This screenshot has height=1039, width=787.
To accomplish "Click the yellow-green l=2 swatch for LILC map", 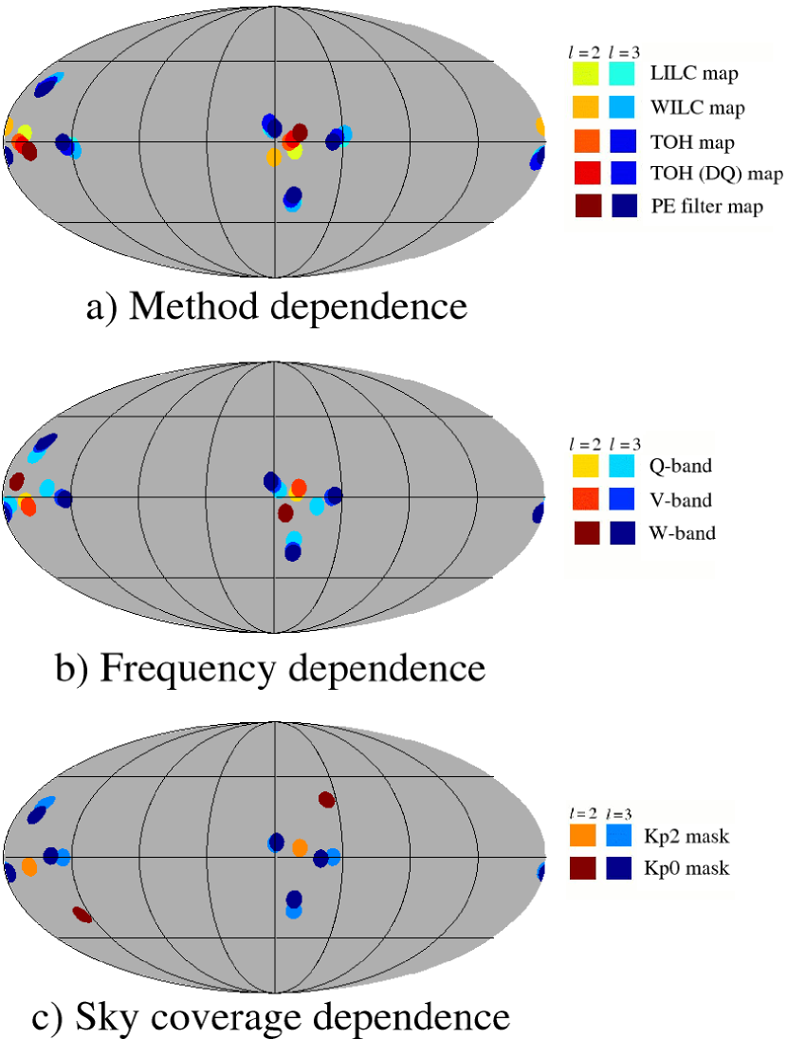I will coord(587,73).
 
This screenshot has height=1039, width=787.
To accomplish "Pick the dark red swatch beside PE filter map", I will coord(587,205).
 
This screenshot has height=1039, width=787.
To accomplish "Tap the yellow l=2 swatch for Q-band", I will coord(585,466).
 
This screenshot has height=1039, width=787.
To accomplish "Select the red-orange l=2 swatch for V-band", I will coord(585,499).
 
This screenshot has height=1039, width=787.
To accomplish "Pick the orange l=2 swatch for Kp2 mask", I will coord(583,836).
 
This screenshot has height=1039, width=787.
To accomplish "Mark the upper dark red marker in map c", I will coord(327,800).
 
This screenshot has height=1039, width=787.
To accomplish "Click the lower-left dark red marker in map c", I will coord(82,915).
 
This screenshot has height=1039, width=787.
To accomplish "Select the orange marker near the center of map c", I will coord(301,847).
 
